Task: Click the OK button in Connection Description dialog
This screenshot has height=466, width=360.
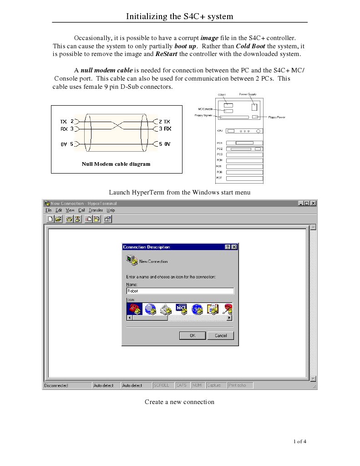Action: coord(193,336)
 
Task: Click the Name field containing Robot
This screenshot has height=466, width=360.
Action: coord(180,291)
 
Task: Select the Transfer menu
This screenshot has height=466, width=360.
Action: coord(96,210)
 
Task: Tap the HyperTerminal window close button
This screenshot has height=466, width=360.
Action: coord(313,203)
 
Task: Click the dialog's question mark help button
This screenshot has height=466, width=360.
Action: coord(228,247)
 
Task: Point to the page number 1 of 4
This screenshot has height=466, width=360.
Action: coord(300,441)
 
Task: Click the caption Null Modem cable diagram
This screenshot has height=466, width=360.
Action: coord(116,164)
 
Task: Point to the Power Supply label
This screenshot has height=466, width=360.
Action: coord(248,94)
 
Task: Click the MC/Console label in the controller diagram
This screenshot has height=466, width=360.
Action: coord(205,109)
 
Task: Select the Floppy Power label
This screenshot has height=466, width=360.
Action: coord(277,118)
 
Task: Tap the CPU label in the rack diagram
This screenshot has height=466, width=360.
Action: coord(219,131)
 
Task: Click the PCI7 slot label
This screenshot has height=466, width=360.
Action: coord(219,178)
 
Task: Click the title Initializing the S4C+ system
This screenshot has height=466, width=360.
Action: coord(179,17)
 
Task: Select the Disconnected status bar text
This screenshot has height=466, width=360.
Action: coord(56,386)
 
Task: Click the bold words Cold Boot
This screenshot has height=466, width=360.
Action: coord(251,46)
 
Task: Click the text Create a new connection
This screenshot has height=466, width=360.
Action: coord(179,402)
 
